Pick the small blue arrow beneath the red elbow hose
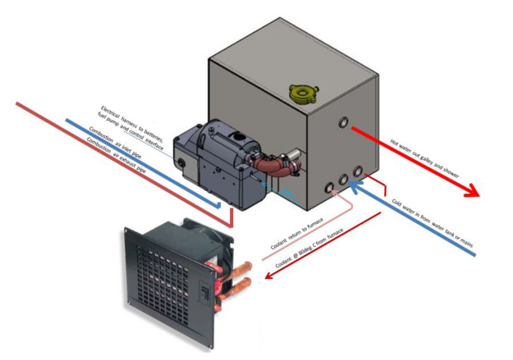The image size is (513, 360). (266, 187)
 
